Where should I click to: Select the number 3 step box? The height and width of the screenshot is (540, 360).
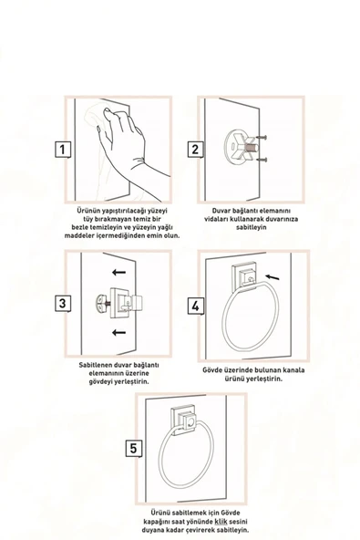[x=61, y=302]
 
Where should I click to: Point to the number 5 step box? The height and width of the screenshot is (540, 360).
[x=133, y=448]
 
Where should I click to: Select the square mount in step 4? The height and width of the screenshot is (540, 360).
[x=243, y=274]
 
